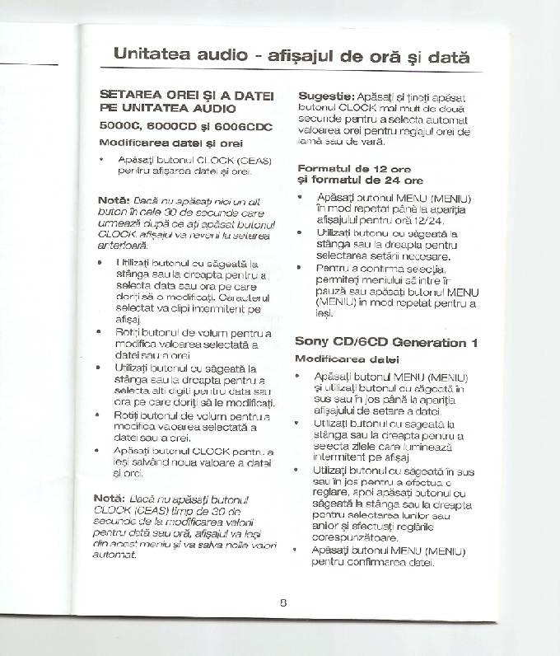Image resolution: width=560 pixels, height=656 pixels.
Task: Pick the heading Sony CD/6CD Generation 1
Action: pyautogui.click(x=386, y=341)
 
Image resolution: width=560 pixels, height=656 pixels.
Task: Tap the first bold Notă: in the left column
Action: pyautogui.click(x=114, y=200)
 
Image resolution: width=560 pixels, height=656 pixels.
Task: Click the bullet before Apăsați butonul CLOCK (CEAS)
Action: pyautogui.click(x=101, y=159)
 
